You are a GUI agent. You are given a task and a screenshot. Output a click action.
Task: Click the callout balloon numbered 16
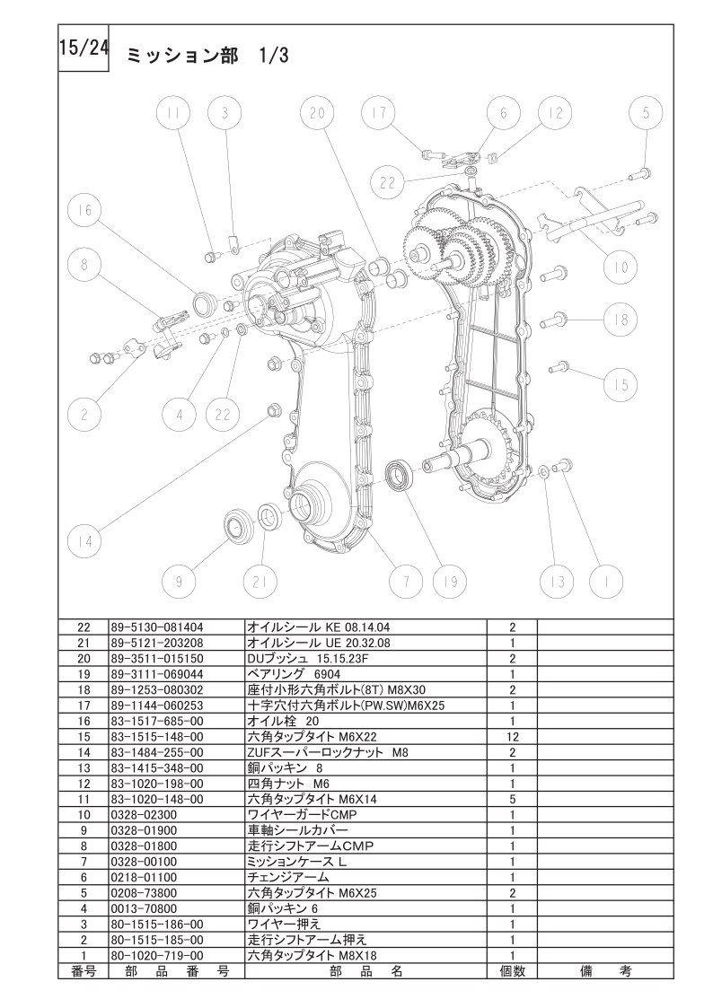[84, 210]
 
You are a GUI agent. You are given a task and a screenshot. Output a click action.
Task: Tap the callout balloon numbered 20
[318, 112]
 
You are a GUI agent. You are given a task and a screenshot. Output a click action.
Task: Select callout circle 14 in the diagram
[84, 541]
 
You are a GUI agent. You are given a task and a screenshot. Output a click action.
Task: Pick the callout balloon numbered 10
[621, 267]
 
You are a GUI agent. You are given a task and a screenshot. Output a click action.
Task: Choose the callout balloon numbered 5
[647, 112]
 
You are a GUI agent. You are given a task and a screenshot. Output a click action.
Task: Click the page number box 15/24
[84, 48]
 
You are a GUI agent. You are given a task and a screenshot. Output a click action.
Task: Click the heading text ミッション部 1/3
[207, 56]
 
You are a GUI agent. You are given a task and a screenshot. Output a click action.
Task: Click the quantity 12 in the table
[513, 737]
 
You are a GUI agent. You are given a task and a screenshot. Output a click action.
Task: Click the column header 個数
[513, 971]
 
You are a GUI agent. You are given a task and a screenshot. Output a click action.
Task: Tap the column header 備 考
[605, 971]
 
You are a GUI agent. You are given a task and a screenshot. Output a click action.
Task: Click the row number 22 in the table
[84, 627]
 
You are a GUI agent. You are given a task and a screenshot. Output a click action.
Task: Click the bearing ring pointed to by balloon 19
[401, 477]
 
